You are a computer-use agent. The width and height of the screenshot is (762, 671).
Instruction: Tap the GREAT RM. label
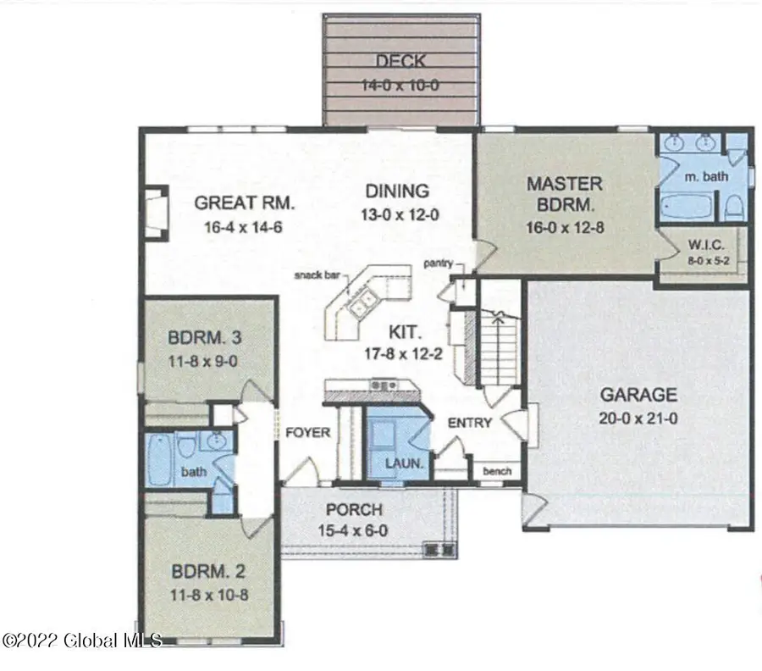pos(244,203)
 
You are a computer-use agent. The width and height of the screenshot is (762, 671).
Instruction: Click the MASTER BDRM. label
pos(564,194)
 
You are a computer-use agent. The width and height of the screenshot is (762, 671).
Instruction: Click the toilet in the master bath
pos(734,206)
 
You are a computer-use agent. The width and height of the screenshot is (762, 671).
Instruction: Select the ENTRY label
pos(470,422)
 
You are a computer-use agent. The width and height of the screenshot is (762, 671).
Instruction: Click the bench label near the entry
pos(495,471)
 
